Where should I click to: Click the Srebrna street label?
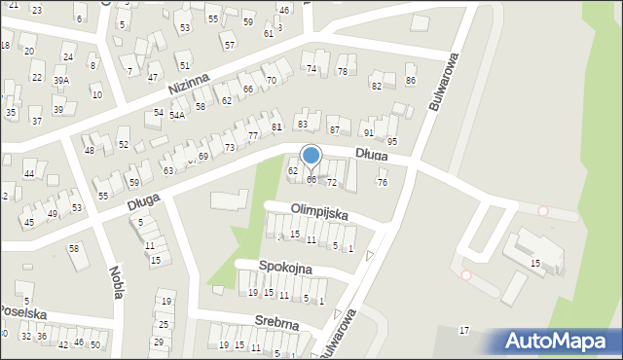277,320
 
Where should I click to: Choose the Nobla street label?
116,282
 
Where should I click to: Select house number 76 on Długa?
383,183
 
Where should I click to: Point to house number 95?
392,142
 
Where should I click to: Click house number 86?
411,81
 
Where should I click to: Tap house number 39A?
61,81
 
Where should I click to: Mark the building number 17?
464,331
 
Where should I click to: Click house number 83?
303,125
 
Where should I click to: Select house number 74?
311,69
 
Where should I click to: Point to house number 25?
164,324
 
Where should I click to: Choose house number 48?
90,151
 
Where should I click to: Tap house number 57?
228,45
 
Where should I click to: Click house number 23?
37,10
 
